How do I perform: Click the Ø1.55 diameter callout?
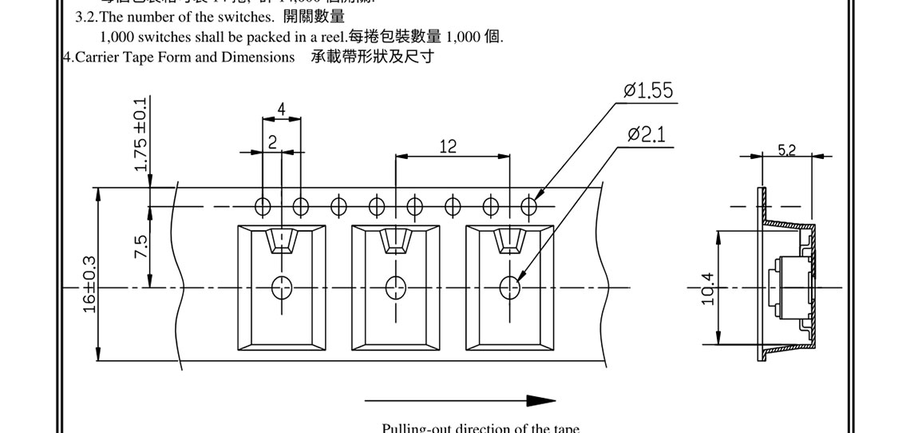point(648,91)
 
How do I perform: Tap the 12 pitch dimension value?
point(448,145)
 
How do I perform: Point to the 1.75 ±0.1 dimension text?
point(141,135)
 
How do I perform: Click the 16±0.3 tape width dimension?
point(89,284)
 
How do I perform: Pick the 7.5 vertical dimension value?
point(141,245)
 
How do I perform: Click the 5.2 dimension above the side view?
point(785,149)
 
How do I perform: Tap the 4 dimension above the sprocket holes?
point(282,109)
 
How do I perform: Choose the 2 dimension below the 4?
point(272,143)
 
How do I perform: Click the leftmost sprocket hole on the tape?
point(263,206)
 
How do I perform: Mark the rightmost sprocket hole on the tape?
point(528,206)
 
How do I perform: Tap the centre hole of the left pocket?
point(281,286)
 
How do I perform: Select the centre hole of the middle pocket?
point(394,286)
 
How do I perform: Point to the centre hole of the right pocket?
point(508,286)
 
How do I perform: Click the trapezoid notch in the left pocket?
point(282,240)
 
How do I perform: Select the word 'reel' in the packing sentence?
point(334,37)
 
